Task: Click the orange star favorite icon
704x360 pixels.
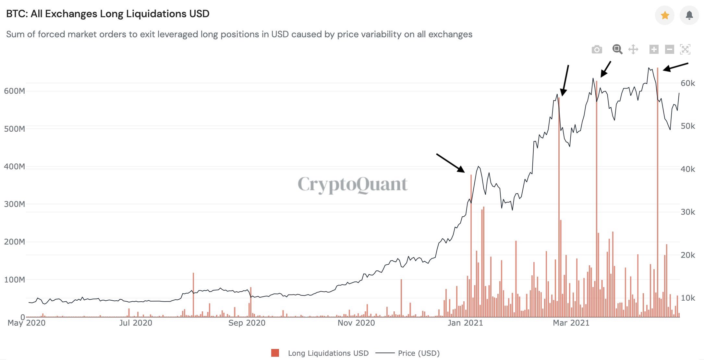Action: pyautogui.click(x=665, y=15)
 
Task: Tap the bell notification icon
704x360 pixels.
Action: pyautogui.click(x=689, y=15)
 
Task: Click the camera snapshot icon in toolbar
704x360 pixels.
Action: pyautogui.click(x=597, y=50)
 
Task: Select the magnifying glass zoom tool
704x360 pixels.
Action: pyautogui.click(x=617, y=49)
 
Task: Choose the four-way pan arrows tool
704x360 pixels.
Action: pyautogui.click(x=633, y=50)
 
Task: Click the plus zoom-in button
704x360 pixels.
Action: pyautogui.click(x=654, y=49)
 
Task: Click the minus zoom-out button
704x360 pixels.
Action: pyautogui.click(x=669, y=49)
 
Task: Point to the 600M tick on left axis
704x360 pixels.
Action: pyautogui.click(x=14, y=91)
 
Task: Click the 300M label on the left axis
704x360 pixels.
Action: pyautogui.click(x=14, y=204)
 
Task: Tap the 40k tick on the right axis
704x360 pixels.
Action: pyautogui.click(x=687, y=169)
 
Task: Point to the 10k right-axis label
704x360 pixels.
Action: pyautogui.click(x=687, y=298)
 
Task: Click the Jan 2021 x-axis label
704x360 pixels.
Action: pyautogui.click(x=465, y=323)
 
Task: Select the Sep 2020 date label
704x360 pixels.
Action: pyautogui.click(x=247, y=323)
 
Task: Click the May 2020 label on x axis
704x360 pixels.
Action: pyautogui.click(x=27, y=323)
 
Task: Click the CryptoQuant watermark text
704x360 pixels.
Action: pyautogui.click(x=352, y=185)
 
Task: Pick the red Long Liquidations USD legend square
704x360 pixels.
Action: pyautogui.click(x=275, y=353)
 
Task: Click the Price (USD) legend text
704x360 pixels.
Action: pyautogui.click(x=419, y=353)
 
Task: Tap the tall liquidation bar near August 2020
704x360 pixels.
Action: pyautogui.click(x=193, y=294)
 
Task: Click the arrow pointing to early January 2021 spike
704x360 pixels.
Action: pyautogui.click(x=450, y=163)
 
